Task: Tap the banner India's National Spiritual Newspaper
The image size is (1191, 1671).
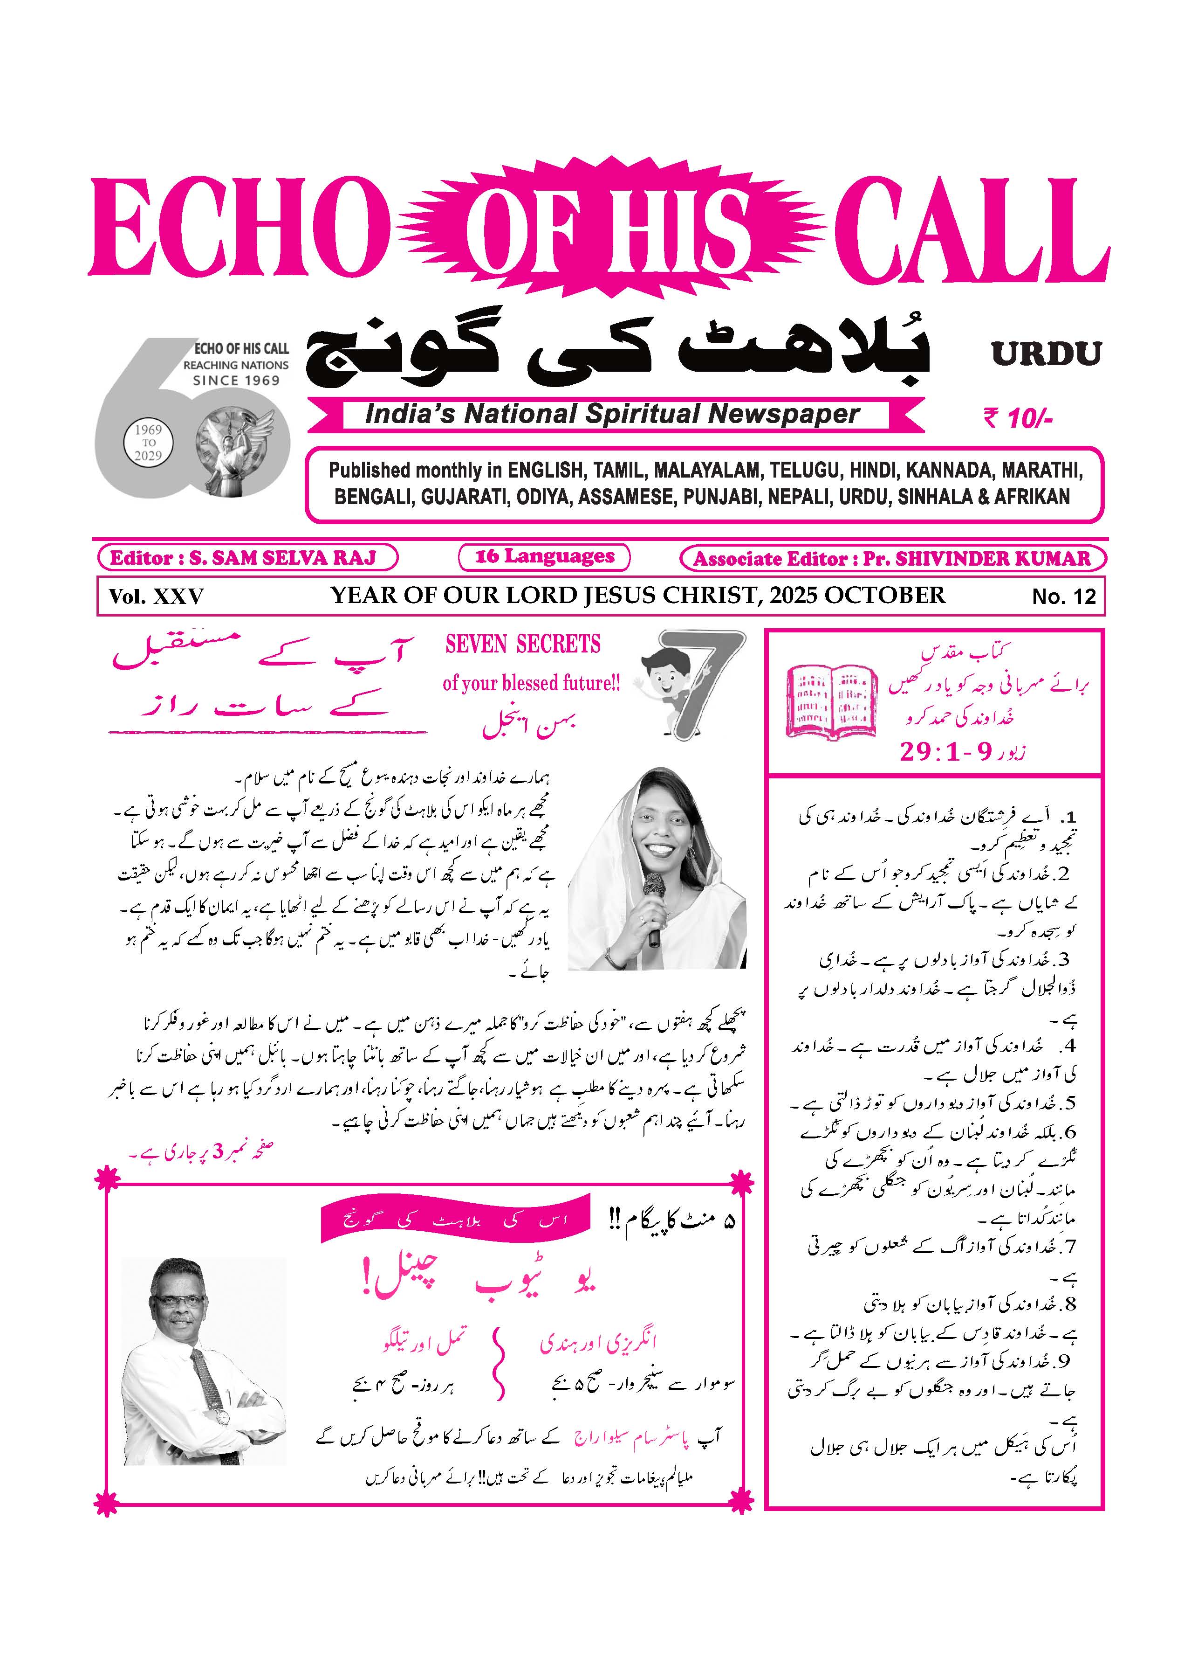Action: pyautogui.click(x=612, y=415)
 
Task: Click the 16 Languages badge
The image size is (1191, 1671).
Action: pyautogui.click(x=544, y=556)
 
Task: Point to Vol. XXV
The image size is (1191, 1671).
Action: pyautogui.click(x=156, y=596)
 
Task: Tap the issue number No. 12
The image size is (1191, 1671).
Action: pyautogui.click(x=1063, y=596)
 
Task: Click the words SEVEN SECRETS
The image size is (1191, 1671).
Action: pyautogui.click(x=523, y=645)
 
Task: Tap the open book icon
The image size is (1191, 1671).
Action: pyautogui.click(x=832, y=701)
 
